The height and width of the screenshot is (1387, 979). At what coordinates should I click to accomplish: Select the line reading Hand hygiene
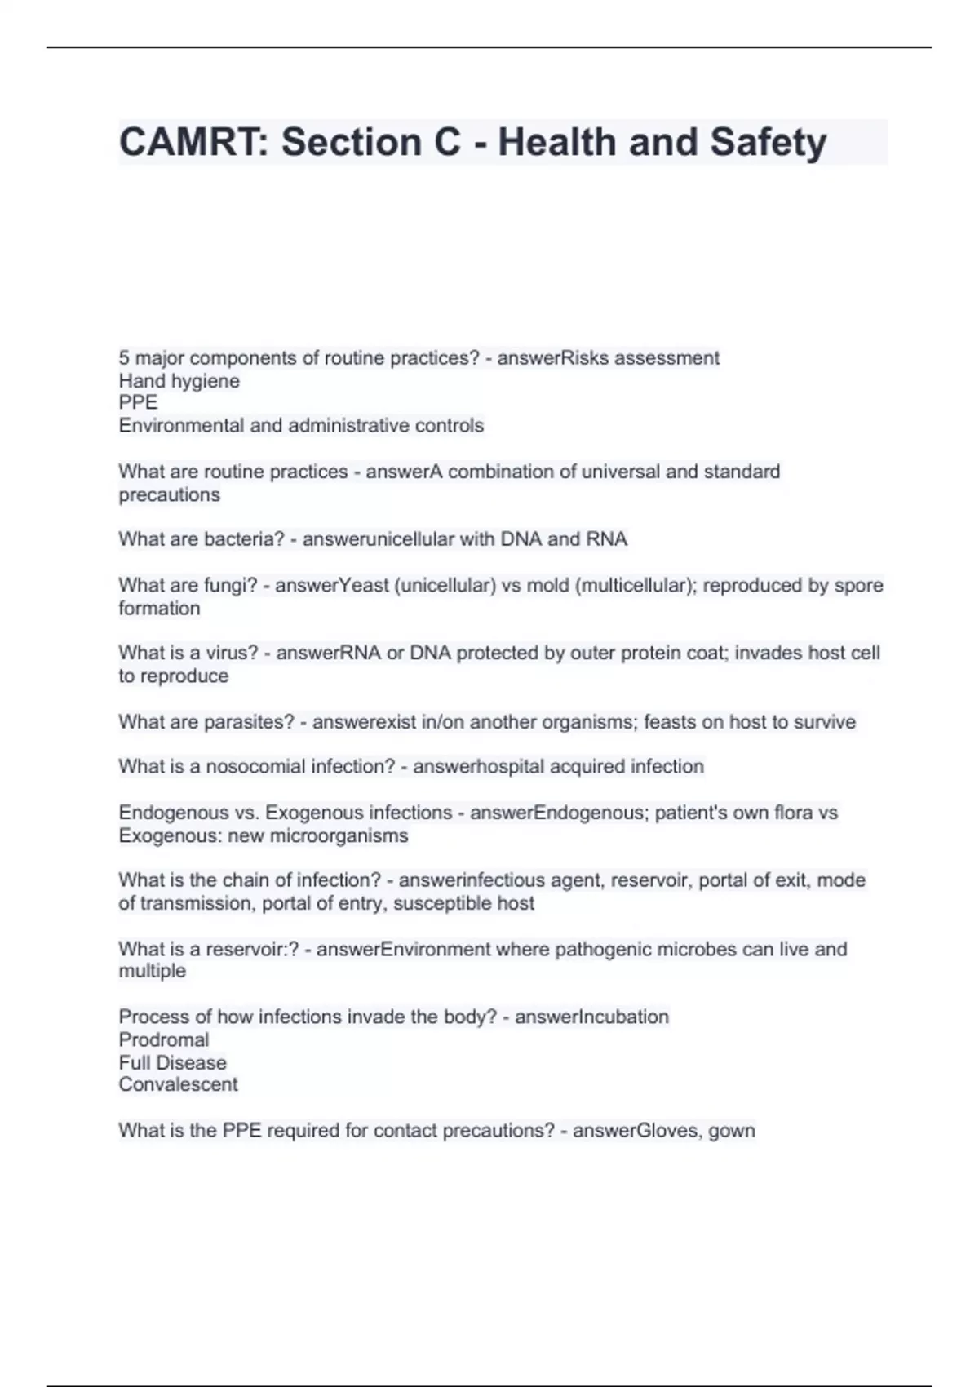pos(179,381)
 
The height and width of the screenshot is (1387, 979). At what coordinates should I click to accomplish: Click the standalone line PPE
pos(138,402)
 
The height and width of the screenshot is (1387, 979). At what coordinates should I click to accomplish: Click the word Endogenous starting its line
pos(170,813)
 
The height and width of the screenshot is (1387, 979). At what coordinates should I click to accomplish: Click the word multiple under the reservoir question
pos(152,971)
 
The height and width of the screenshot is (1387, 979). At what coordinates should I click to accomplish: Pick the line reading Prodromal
pos(163,1039)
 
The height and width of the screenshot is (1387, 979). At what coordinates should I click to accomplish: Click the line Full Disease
pos(172,1062)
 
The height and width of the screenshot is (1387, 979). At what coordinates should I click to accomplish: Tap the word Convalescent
pos(178,1084)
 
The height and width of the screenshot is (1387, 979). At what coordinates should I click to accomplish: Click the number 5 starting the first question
pos(124,358)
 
